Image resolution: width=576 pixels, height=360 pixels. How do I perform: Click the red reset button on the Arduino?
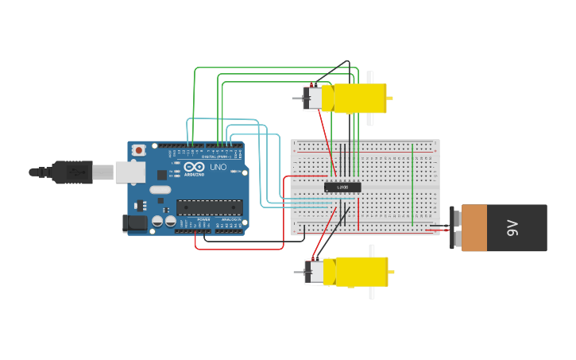tap(139, 149)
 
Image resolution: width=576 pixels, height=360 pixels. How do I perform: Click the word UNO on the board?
tap(217, 167)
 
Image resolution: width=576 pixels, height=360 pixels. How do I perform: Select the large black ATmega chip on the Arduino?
tap(209, 207)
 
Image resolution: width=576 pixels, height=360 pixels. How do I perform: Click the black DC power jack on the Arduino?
tap(136, 223)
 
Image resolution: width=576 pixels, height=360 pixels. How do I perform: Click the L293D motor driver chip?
tap(342, 188)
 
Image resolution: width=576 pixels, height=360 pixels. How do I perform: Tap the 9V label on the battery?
tap(512, 229)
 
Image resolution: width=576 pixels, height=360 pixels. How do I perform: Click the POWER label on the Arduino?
tap(203, 219)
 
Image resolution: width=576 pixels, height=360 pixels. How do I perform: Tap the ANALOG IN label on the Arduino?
tap(230, 219)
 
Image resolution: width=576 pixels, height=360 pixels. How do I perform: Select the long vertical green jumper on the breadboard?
tap(412, 183)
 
